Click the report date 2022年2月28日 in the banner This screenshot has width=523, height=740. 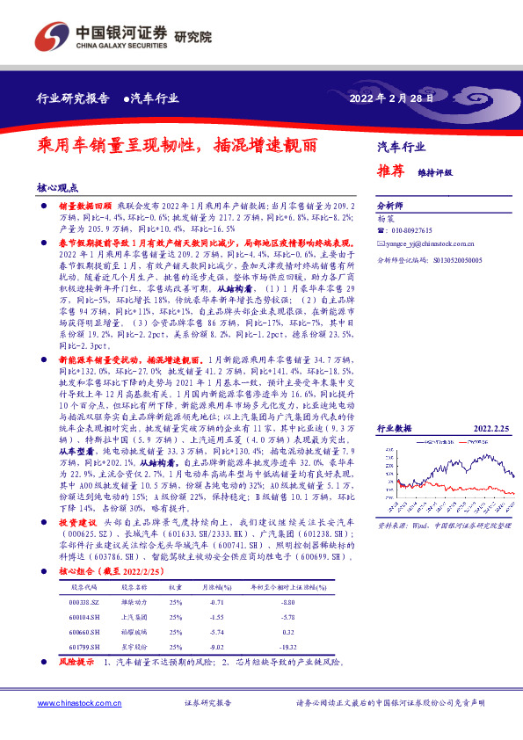(392, 98)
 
